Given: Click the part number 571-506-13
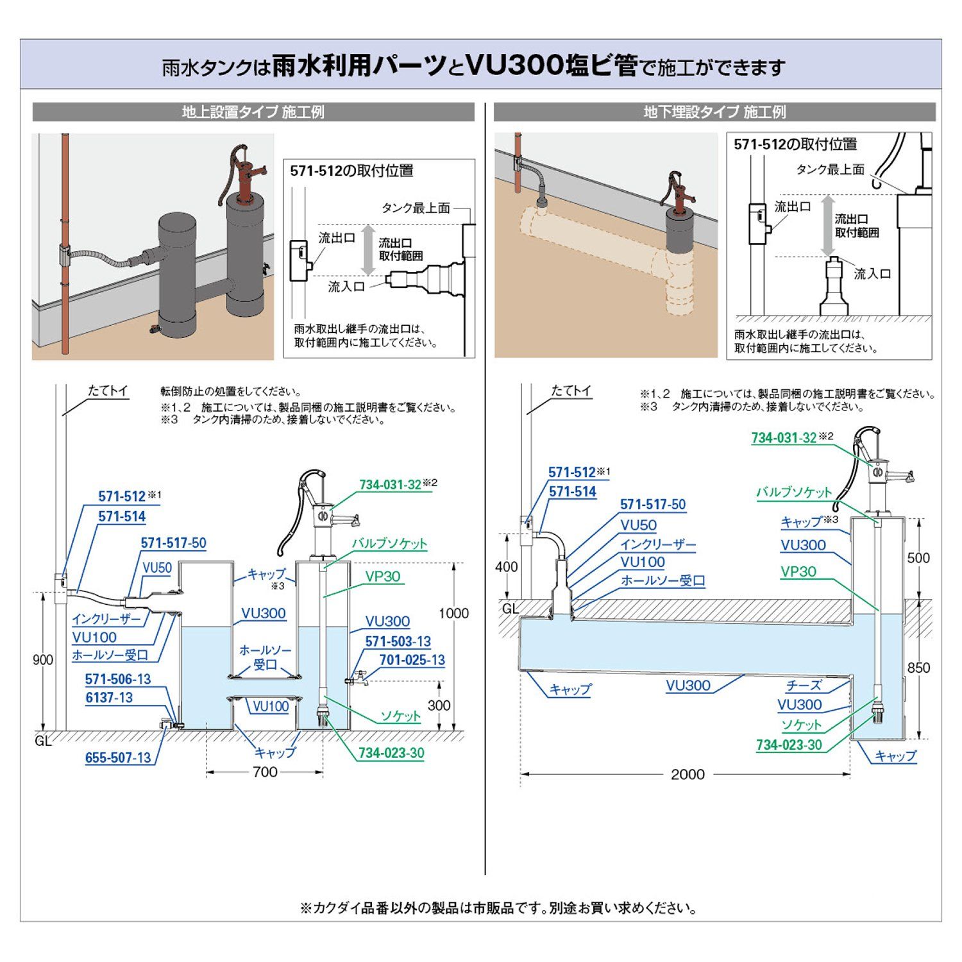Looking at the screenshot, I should tap(118, 679).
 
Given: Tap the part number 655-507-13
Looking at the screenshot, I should tap(118, 757).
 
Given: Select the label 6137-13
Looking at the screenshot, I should tap(109, 698).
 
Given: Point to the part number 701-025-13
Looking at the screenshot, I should tap(412, 660).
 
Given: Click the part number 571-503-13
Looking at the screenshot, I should tap(398, 641).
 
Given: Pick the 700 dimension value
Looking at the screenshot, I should tap(265, 772).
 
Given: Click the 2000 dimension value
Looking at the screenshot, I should tap(688, 775).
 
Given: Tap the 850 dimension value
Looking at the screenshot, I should tap(918, 668).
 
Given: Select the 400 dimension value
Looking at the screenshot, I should tap(507, 567).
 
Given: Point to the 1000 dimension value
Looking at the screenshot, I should tap(453, 613).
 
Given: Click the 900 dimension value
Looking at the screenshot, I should tap(43, 660).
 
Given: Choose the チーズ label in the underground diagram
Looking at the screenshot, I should tap(804, 686).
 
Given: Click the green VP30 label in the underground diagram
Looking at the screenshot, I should tap(798, 571).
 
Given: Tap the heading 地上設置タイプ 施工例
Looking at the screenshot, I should tap(253, 112).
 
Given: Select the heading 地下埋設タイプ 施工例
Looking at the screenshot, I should tap(714, 112).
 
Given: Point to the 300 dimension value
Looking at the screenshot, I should tap(439, 705).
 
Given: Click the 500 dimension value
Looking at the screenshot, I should tap(918, 558).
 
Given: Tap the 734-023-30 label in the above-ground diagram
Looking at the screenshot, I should tap(391, 753).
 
